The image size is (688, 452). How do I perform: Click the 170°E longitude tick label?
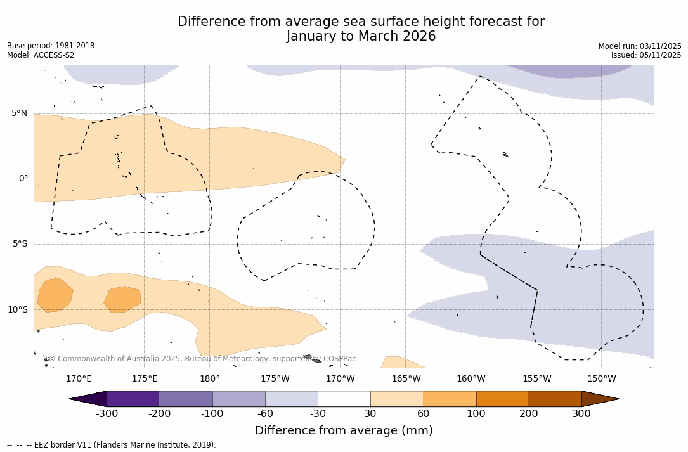tap(79, 379)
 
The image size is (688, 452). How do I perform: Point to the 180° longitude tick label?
tap(210, 379)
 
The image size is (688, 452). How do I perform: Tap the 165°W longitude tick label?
tap(406, 379)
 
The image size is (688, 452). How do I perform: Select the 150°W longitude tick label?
tap(601, 379)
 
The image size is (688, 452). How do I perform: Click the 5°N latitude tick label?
tap(19, 113)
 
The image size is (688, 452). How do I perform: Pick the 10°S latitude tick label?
tap(17, 310)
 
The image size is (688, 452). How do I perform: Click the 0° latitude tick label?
tap(23, 179)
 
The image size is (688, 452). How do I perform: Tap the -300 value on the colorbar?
tap(107, 414)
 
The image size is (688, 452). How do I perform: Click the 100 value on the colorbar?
tap(476, 414)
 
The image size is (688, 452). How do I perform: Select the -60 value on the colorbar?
tap(265, 414)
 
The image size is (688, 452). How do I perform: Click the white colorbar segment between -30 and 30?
tap(344, 399)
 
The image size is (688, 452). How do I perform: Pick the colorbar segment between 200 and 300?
tap(555, 399)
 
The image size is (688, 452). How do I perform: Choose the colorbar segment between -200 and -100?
tap(186, 399)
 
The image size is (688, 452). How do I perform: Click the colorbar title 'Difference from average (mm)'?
tap(344, 431)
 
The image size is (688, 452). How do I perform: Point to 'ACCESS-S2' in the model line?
tap(54, 55)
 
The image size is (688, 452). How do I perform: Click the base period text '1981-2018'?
tap(74, 46)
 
